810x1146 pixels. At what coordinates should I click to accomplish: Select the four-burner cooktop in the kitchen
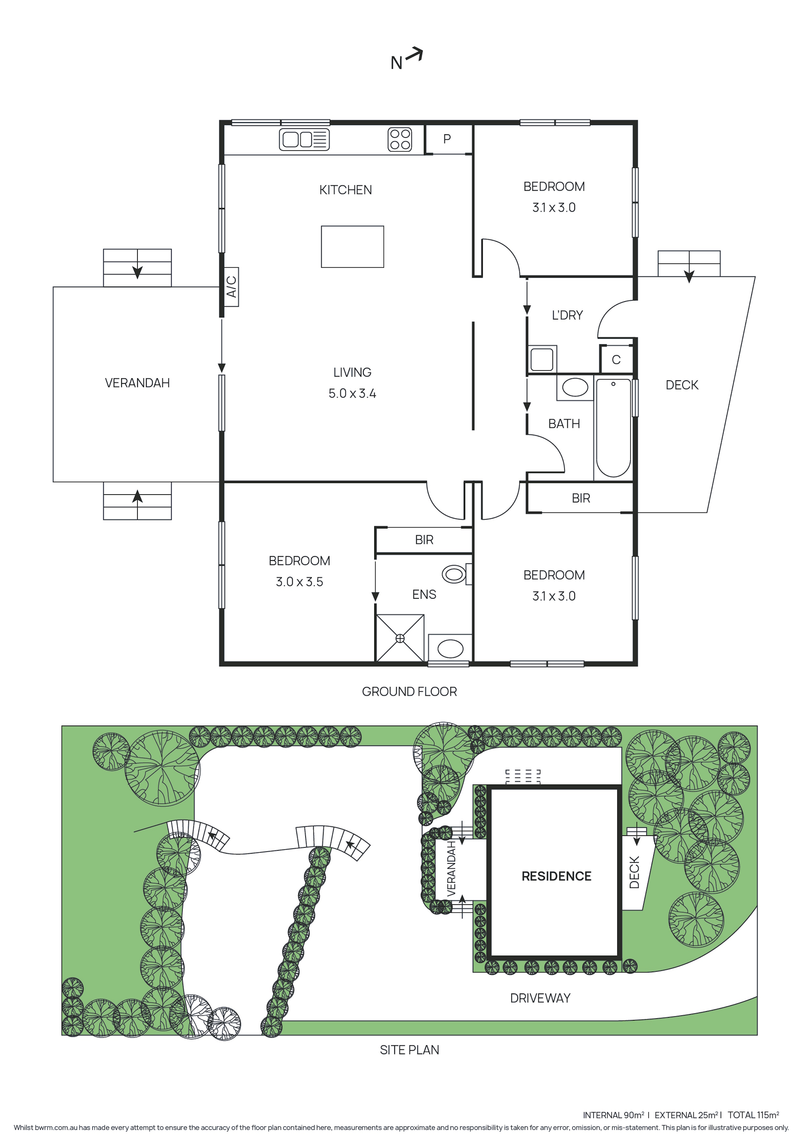[x=400, y=139]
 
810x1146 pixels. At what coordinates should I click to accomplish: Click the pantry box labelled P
[x=447, y=139]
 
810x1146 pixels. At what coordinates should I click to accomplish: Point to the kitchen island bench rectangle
[x=352, y=247]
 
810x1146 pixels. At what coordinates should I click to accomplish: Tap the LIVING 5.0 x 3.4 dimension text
[x=352, y=393]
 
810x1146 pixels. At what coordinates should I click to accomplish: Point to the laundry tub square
[x=542, y=359]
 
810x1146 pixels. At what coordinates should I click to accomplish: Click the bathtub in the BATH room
[x=613, y=428]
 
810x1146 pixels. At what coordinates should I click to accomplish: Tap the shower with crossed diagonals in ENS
[x=400, y=638]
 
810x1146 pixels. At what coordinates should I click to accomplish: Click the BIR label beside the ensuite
[x=424, y=540]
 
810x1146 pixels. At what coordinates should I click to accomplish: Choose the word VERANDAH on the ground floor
[x=137, y=383]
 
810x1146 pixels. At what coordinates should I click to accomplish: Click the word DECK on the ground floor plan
[x=682, y=385]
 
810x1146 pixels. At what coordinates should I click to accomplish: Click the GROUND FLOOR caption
[x=409, y=691]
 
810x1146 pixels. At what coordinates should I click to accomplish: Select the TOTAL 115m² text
[x=753, y=1115]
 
